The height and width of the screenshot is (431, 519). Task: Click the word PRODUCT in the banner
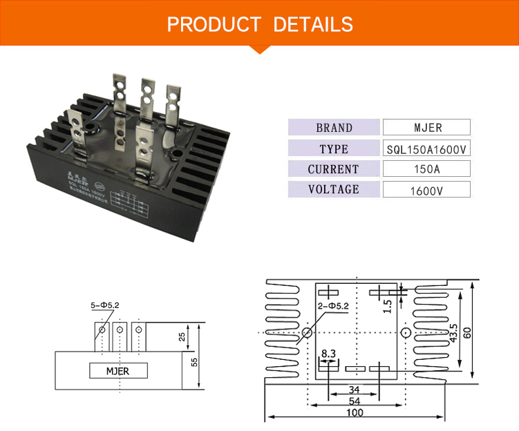click(x=213, y=25)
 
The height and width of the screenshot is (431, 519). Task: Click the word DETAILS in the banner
click(x=313, y=25)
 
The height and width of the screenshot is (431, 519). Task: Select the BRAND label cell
click(x=334, y=128)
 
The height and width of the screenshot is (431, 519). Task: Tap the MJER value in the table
click(x=426, y=128)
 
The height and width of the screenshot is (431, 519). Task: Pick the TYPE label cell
click(x=334, y=149)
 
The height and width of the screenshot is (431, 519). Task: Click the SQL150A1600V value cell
click(x=426, y=149)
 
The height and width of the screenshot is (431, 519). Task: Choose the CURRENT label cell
click(x=334, y=169)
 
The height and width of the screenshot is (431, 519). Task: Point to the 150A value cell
click(x=426, y=169)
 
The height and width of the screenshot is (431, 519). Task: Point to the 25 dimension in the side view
click(x=182, y=336)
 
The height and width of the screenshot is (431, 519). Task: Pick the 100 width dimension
click(x=355, y=413)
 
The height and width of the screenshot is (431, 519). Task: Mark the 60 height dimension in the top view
click(x=468, y=332)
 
